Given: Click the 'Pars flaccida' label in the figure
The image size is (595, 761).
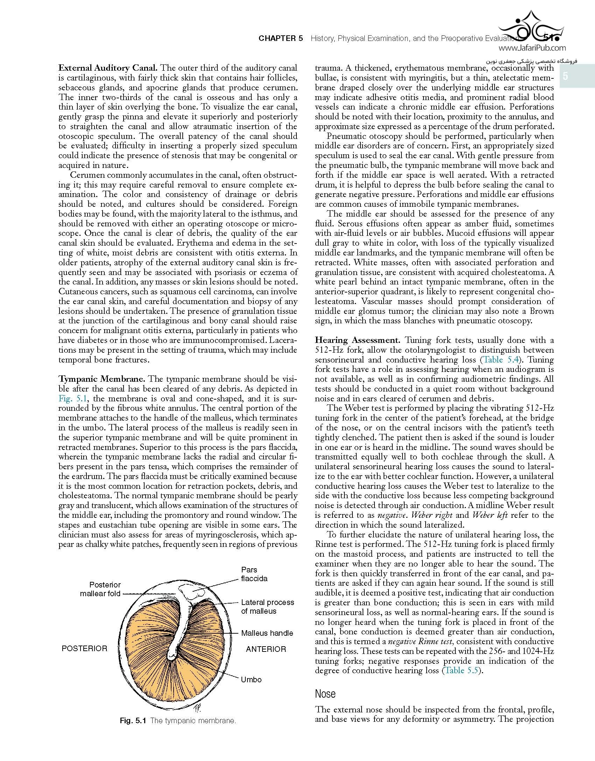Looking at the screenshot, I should coord(254,574).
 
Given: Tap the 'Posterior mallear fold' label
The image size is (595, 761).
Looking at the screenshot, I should coord(100,589).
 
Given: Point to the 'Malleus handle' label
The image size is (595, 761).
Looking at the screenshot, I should coord(267,633).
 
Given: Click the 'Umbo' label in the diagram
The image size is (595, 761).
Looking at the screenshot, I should coord(251,679).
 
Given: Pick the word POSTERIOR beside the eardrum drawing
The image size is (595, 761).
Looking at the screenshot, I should coord(84,648).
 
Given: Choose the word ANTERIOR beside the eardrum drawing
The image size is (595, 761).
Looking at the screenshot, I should coord(266,649).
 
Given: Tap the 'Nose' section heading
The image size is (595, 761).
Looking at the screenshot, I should coord(325,693).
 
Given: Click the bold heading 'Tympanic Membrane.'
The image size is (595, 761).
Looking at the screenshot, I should coord(101,379).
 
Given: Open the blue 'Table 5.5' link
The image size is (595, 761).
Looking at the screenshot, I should coord(461,670).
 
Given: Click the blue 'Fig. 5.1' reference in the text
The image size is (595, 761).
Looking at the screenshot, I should coord(69,398).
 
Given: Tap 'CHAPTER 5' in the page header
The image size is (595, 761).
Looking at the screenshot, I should coord(280,38).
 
